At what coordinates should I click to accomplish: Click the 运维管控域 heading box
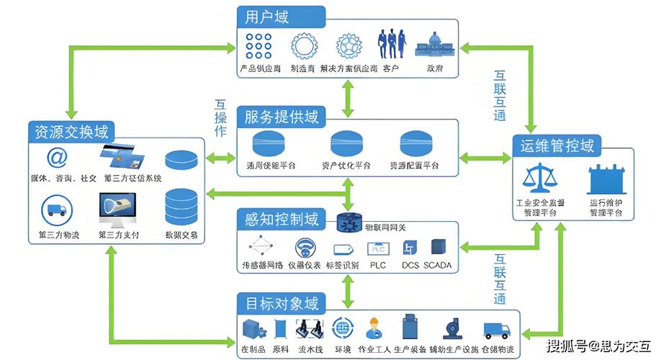tap(557, 147)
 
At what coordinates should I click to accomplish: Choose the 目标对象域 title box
tap(281, 303)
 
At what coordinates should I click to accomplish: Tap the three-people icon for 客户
tap(390, 45)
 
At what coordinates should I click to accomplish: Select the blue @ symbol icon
tap(57, 157)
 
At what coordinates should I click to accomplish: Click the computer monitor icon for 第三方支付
tap(119, 210)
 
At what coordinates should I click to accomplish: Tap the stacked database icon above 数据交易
tap(179, 207)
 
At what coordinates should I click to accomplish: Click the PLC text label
tap(377, 266)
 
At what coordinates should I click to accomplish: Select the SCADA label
tap(437, 266)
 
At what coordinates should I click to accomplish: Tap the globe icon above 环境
tap(343, 328)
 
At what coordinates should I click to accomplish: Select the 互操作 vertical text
tap(220, 117)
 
